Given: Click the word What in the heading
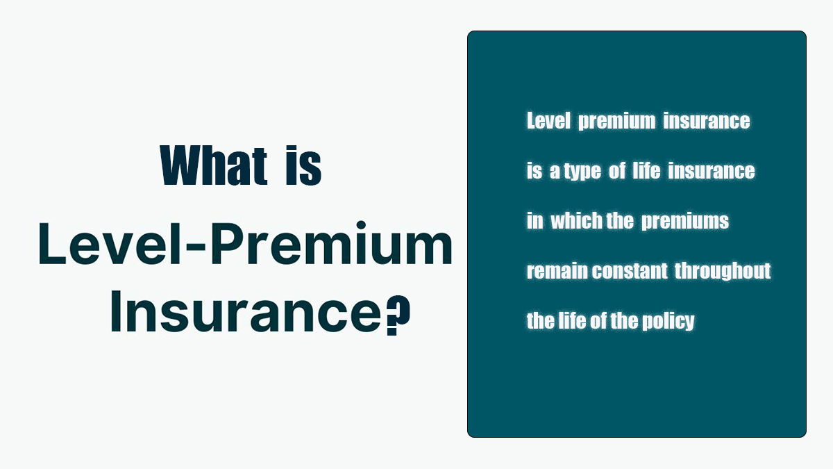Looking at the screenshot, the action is point(214,165).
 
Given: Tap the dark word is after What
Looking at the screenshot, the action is point(303,165).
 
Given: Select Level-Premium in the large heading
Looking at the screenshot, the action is point(245,243).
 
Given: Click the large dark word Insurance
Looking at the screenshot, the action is point(246,311).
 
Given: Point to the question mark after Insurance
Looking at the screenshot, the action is point(398,315).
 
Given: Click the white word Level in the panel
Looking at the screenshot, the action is point(548,121).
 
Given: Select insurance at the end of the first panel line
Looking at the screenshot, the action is point(707,121).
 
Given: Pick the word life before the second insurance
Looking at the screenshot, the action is point(646,170).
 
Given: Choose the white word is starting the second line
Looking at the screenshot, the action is point(534,170).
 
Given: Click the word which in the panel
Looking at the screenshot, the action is point(576,220).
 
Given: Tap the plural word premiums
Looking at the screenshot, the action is point(685,222).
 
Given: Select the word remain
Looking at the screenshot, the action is point(558,270).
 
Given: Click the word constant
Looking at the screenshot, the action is point(630,270).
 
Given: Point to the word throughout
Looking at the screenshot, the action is point(723,272).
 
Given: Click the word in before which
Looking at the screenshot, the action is point(535,220).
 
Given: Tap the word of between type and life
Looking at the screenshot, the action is point(617,170).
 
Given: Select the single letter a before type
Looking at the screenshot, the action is point(555,172).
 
